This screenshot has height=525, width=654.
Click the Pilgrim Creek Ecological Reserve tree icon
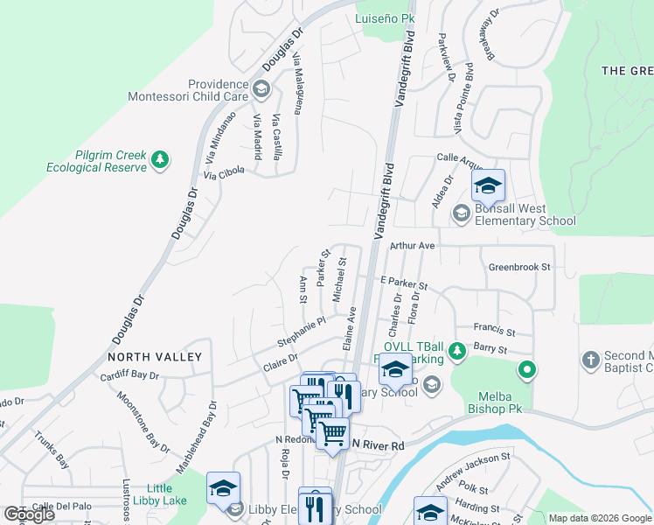click(x=159, y=159)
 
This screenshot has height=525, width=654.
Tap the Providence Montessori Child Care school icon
click(x=261, y=88)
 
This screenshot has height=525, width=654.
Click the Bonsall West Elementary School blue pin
click(x=488, y=186)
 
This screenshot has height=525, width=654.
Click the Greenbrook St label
click(x=520, y=267)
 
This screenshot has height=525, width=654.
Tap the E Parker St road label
click(x=403, y=284)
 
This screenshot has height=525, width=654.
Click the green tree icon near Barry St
click(x=456, y=351)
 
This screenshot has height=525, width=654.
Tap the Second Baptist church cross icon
click(x=591, y=360)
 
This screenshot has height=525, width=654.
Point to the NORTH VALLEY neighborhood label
click(x=155, y=357)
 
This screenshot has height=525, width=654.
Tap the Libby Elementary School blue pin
click(x=223, y=489)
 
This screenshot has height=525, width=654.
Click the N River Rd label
click(x=378, y=445)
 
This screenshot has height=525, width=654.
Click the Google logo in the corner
click(x=29, y=514)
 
